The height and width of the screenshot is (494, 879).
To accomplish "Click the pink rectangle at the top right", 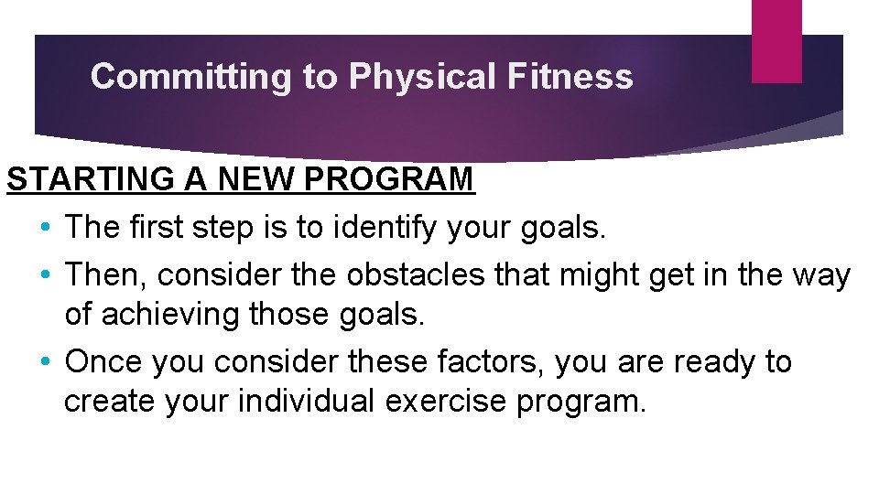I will click(x=776, y=40).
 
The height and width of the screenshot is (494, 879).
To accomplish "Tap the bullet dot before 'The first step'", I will click(x=46, y=227).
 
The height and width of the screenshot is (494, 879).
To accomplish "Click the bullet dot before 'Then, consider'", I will click(x=46, y=274).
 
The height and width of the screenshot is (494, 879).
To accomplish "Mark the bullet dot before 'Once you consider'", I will click(x=46, y=362).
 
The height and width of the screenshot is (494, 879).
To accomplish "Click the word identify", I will click(x=385, y=227).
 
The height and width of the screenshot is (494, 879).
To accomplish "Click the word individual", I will click(x=307, y=403).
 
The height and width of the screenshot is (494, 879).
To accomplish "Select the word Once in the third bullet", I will click(x=103, y=361).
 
